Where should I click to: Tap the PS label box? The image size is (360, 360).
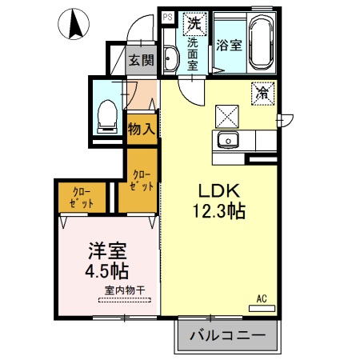168,16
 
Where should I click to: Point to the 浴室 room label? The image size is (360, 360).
229,46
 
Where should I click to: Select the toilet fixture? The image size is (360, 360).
106,117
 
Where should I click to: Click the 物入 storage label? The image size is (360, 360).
142,130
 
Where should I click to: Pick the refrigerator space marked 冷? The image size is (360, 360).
262,93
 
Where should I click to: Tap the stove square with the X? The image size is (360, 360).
226,117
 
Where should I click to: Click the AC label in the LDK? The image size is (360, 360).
262,299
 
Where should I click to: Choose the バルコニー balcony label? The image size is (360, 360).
227,335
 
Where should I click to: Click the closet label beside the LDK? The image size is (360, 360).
141,179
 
